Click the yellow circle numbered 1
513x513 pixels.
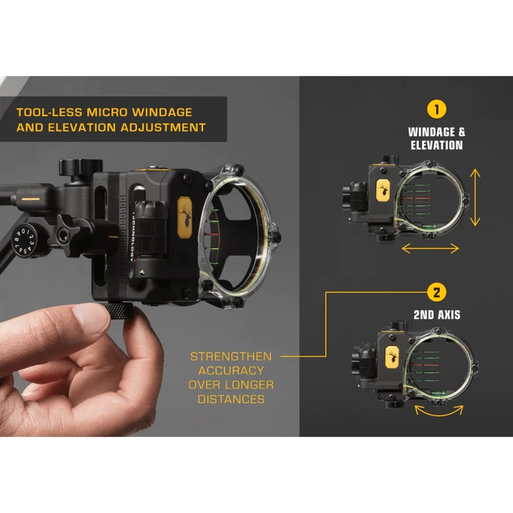437,109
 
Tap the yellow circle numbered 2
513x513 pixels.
437,292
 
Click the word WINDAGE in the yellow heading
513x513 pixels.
162,112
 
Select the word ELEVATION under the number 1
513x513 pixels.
437,146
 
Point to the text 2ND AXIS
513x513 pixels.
437,315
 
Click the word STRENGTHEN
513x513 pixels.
231,357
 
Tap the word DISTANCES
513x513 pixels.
231,399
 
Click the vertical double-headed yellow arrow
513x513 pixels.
475,198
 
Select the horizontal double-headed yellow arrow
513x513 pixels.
430,248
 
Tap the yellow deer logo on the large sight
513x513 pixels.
185,217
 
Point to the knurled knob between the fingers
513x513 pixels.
117,310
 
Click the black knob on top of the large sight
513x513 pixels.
81,167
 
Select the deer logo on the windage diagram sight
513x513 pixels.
383,190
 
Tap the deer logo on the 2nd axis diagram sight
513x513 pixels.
392,357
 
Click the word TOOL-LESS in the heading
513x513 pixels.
49,112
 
